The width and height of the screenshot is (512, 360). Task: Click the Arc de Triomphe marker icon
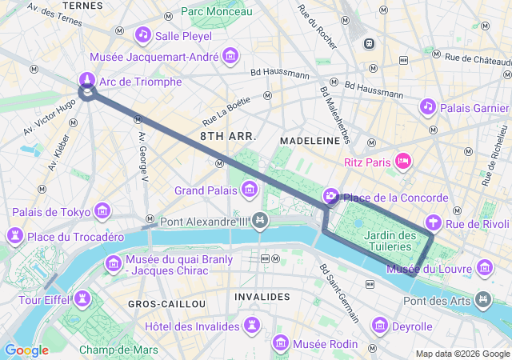click(x=87, y=80)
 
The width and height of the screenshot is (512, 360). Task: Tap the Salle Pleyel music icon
click(x=143, y=34)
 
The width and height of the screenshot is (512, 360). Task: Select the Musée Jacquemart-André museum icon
click(x=231, y=56)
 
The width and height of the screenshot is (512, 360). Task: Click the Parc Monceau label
click(x=216, y=11)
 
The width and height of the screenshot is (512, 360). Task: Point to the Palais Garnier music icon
click(x=428, y=106)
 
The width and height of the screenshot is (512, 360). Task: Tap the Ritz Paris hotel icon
click(x=404, y=162)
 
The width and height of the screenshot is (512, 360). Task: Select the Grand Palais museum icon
click(x=250, y=190)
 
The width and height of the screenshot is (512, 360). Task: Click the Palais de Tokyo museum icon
click(x=102, y=211)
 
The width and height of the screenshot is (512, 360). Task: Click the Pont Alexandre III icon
click(x=259, y=220)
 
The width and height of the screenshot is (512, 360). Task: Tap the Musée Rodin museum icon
click(x=281, y=343)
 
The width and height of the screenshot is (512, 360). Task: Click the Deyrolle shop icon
click(x=380, y=326)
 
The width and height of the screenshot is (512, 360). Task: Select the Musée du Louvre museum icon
click(x=484, y=267)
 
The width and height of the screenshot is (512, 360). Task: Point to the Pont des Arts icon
click(x=482, y=300)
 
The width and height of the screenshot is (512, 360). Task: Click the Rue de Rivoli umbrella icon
click(x=434, y=223)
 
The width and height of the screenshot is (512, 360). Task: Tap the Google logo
click(x=26, y=350)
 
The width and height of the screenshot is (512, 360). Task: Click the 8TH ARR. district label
click(x=228, y=136)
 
